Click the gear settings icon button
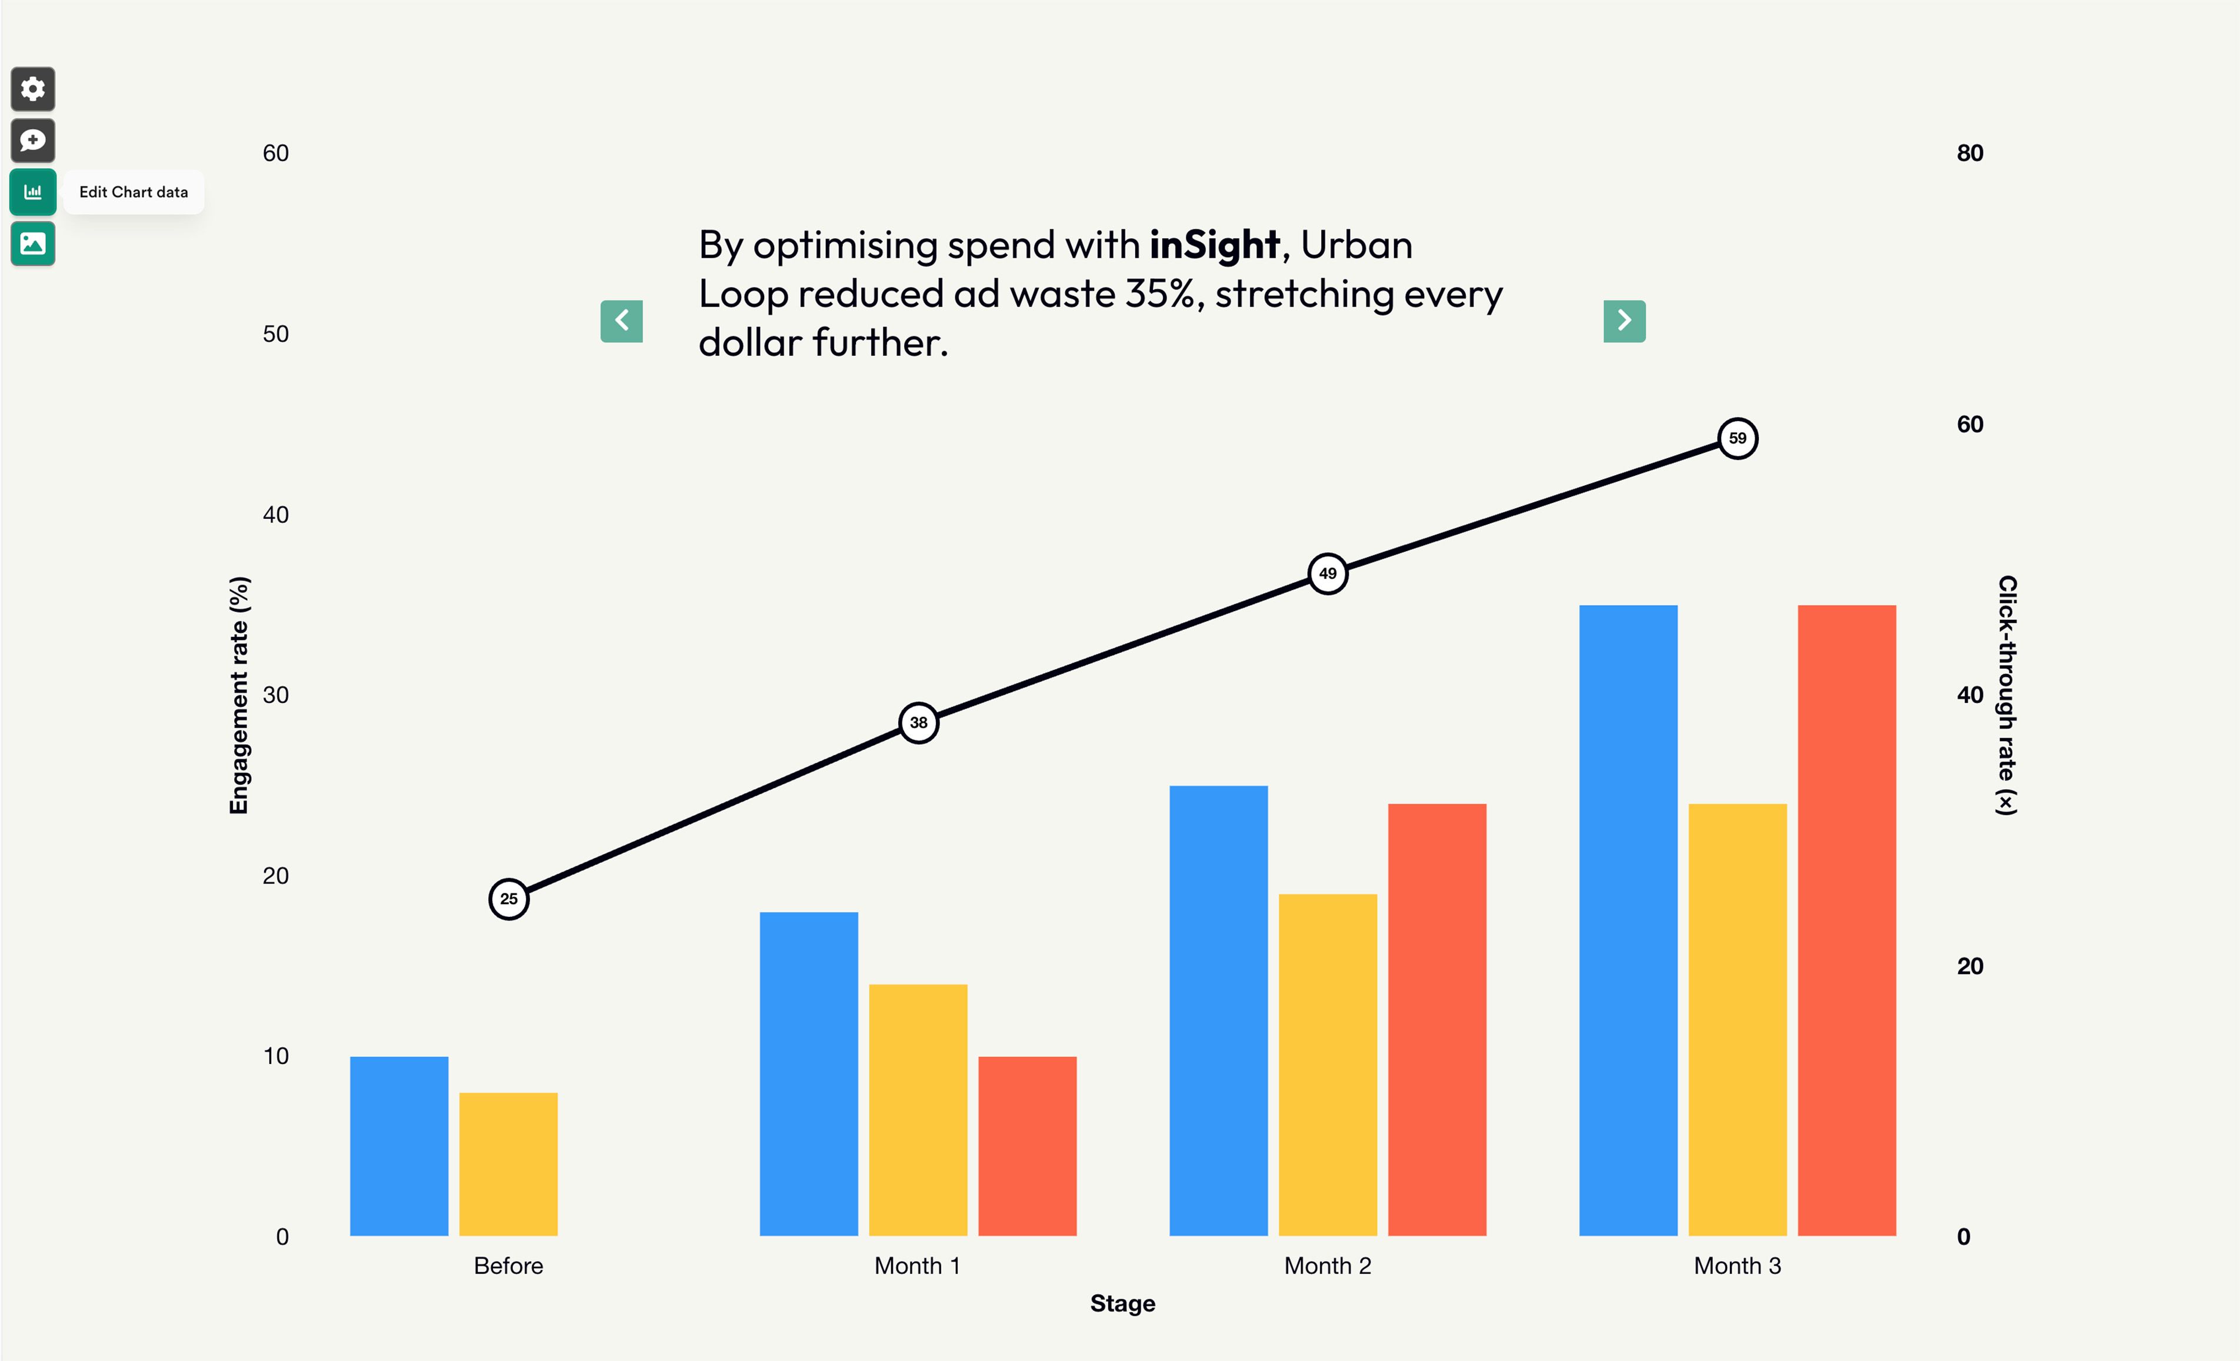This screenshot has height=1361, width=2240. [33, 89]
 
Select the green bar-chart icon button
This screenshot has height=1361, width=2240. [33, 192]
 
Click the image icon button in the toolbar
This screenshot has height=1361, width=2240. [33, 243]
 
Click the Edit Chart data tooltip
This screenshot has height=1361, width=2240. [134, 192]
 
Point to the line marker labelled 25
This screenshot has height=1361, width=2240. [509, 899]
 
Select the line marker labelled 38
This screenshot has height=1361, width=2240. [918, 723]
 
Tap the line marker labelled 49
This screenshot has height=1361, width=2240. [1327, 573]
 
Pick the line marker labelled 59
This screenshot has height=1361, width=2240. [1737, 438]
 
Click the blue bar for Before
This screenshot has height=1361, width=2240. [399, 1146]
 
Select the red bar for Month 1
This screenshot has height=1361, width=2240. [1027, 1146]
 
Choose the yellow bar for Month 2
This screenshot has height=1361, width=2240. [1327, 1064]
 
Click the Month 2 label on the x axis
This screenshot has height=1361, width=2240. [1327, 1266]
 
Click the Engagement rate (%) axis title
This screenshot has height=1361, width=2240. [238, 696]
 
